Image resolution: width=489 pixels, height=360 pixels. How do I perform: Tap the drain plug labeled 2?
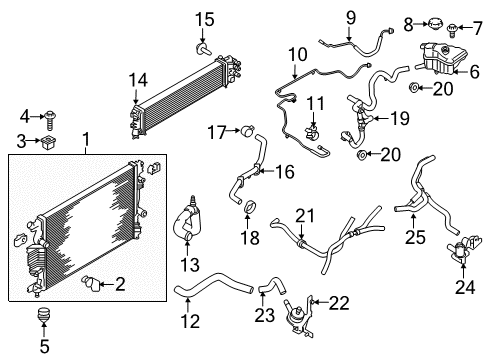pos(95,286)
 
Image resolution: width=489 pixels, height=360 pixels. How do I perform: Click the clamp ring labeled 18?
pos(248,209)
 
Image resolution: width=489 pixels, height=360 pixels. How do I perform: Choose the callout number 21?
pos(303,215)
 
